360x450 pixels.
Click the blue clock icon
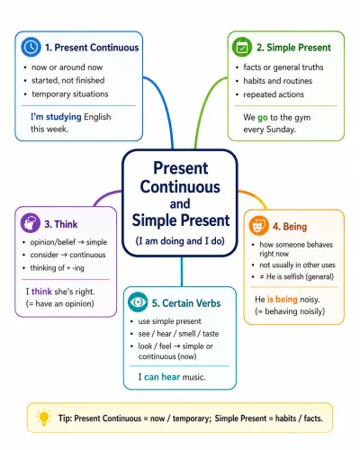31,47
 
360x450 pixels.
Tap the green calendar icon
242,47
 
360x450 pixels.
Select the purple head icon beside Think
31,223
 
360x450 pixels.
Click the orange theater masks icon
258,226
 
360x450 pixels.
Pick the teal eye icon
138,302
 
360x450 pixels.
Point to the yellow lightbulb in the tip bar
44,418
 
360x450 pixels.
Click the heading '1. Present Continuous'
92,48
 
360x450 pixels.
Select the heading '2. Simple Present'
293,48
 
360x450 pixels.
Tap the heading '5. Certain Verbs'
186,303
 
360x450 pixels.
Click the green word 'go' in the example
263,117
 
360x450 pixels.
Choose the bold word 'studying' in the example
64,117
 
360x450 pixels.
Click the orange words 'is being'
283,299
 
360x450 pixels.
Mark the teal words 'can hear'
162,377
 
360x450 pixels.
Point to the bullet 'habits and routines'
278,81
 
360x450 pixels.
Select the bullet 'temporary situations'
70,94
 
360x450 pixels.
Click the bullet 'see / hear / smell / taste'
178,334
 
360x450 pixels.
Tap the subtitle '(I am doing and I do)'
180,241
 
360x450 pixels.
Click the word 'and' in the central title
180,203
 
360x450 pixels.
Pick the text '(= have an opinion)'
60,303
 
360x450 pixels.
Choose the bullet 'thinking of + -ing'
57,267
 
